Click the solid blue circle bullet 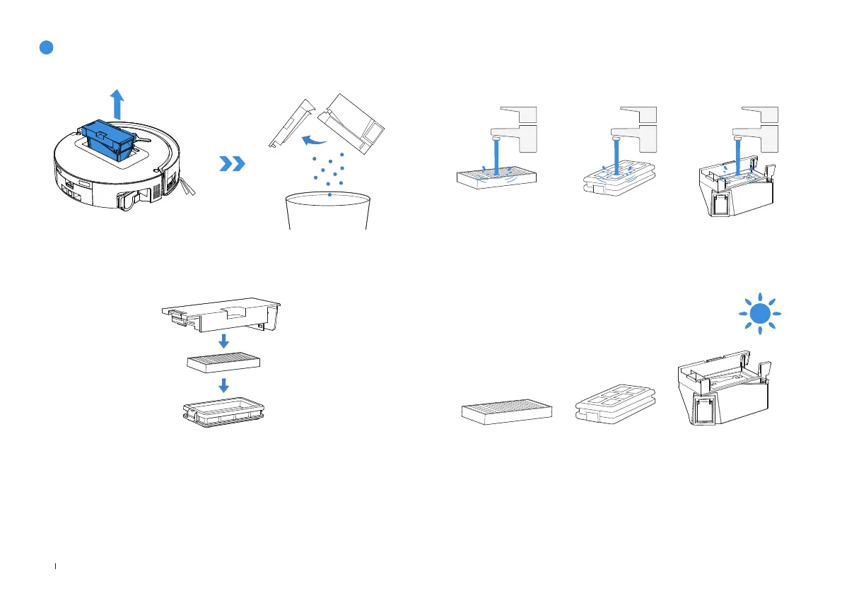[x=46, y=47]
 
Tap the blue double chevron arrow [x=233, y=164]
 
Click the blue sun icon [x=759, y=313]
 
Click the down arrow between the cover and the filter [x=223, y=341]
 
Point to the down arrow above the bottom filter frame [x=224, y=384]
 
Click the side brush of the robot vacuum [x=187, y=187]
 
